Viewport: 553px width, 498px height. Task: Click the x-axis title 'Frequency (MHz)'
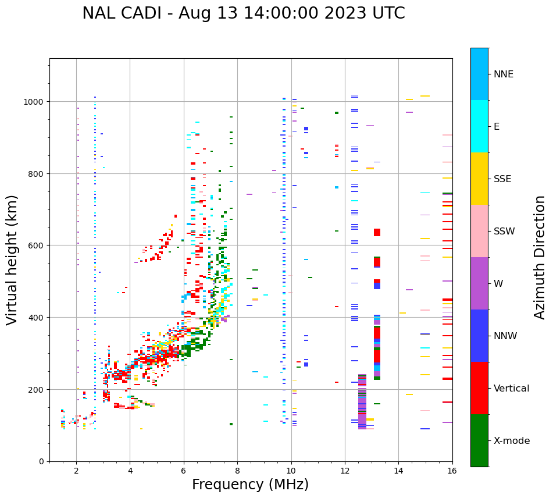tap(250, 485)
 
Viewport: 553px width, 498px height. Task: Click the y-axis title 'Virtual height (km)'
tap(13, 259)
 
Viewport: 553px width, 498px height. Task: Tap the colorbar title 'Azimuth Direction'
tap(540, 257)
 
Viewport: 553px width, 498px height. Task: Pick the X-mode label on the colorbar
tap(512, 441)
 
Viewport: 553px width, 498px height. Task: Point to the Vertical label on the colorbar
tap(512, 389)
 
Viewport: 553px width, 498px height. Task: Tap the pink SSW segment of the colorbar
tap(479, 231)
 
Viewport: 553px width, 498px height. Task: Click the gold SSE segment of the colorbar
tap(479, 179)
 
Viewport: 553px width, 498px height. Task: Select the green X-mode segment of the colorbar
tap(479, 440)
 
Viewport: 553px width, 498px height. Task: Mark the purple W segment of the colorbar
tap(479, 283)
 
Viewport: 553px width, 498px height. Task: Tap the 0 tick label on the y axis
tap(41, 461)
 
